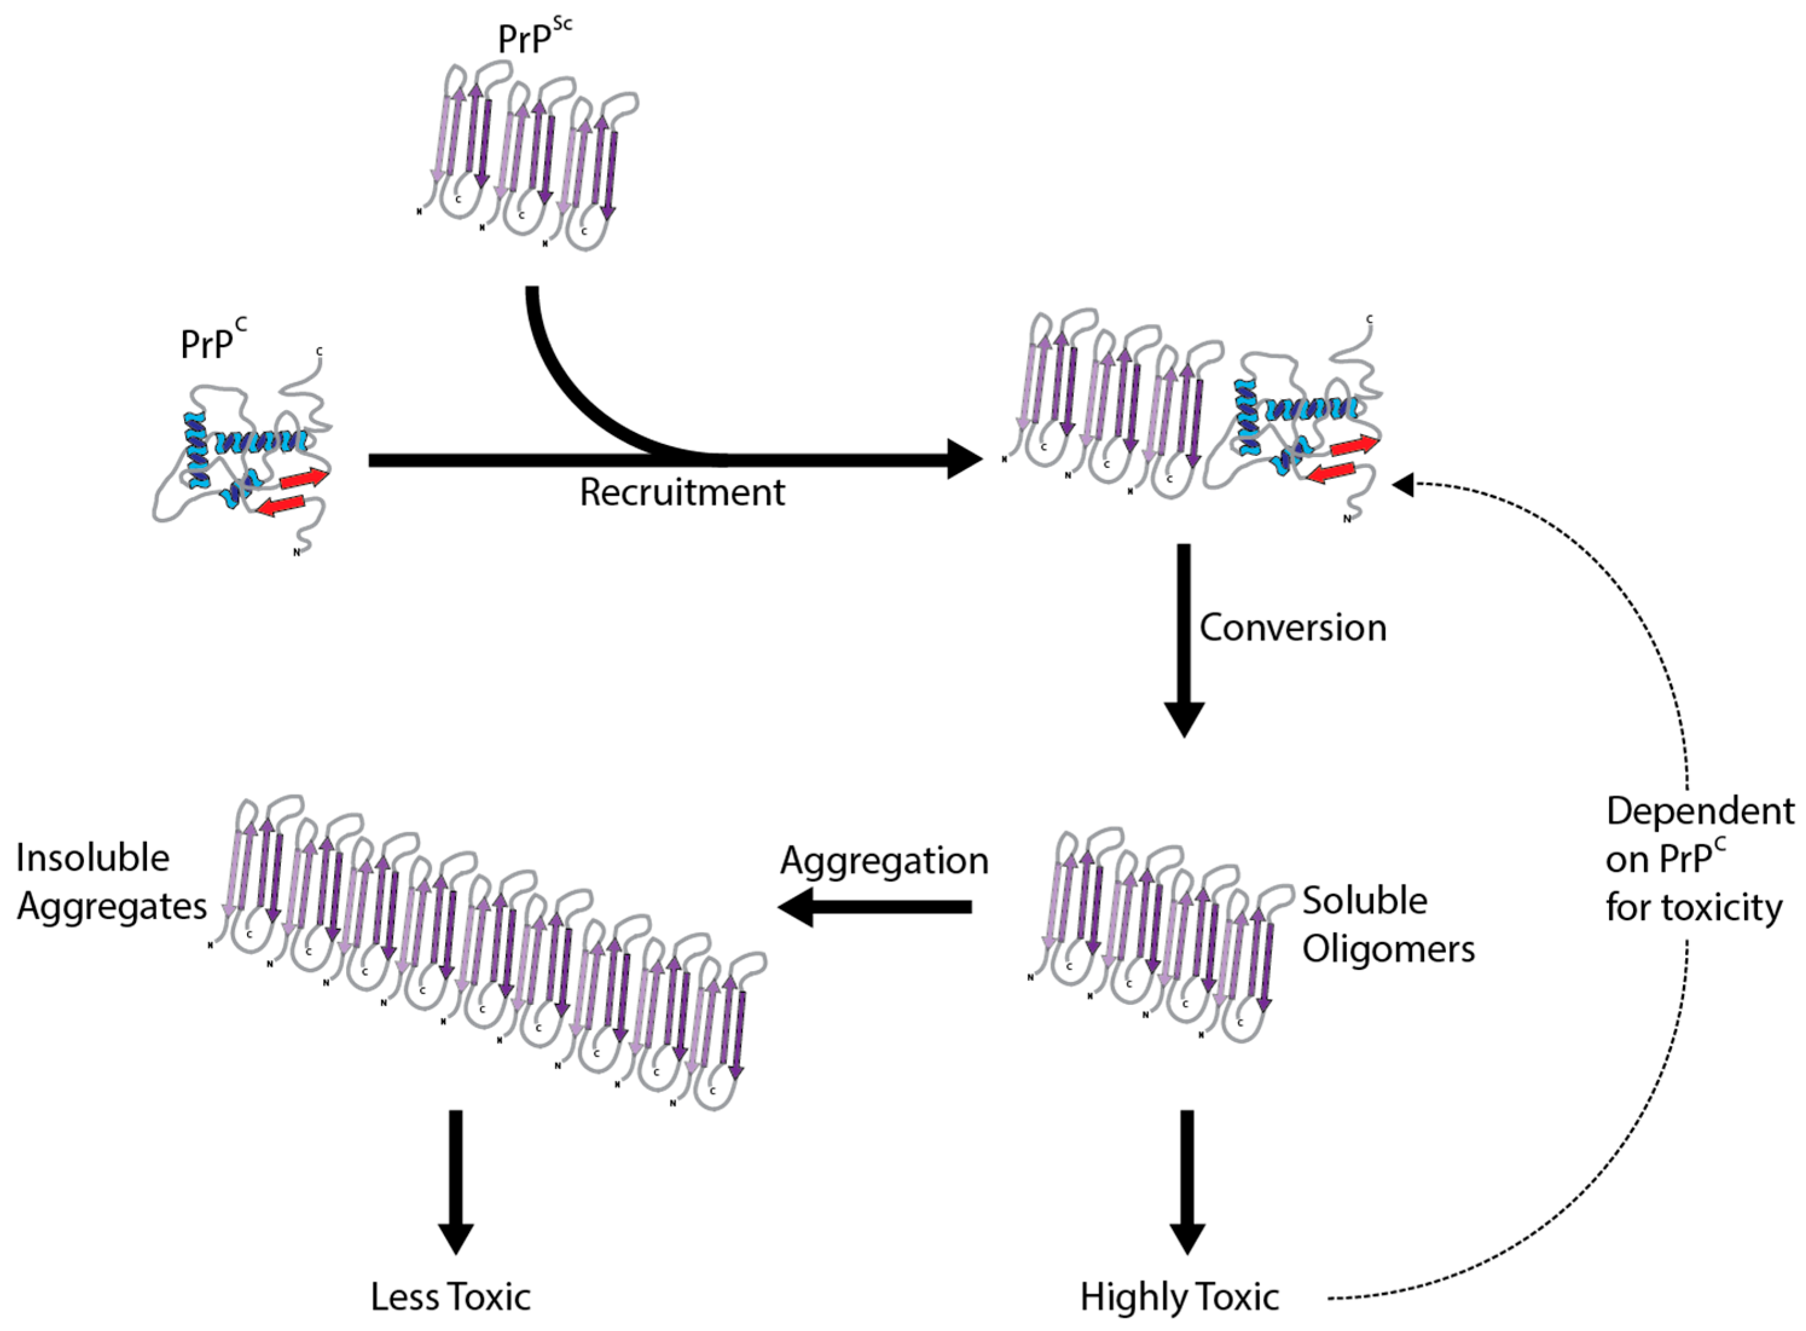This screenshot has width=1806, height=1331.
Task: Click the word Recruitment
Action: tap(682, 492)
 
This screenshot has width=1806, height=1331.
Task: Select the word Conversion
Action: tap(1293, 627)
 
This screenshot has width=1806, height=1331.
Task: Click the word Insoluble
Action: tap(92, 858)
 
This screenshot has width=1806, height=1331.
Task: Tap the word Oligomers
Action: tap(1388, 949)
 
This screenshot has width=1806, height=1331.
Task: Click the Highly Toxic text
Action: tap(1179, 1297)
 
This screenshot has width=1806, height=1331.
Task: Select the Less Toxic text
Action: tap(451, 1297)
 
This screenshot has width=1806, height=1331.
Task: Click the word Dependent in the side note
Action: tap(1700, 811)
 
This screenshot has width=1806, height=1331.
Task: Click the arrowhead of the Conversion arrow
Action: tap(1184, 719)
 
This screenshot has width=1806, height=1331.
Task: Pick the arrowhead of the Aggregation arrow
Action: tap(795, 907)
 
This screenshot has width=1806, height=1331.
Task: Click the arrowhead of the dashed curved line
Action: tap(1403, 484)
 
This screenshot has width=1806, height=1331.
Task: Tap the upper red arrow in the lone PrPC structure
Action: tap(304, 478)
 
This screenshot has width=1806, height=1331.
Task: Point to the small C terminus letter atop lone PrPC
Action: tap(319, 351)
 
